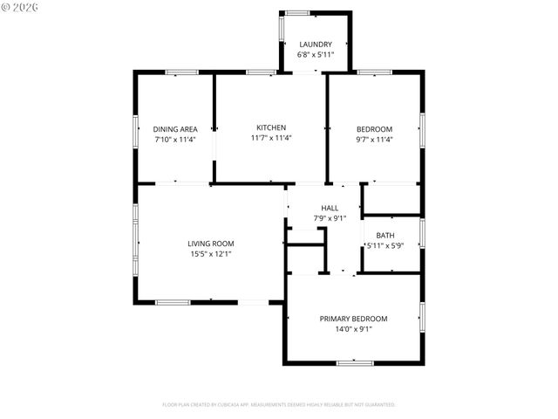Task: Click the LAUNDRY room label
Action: point(315,45)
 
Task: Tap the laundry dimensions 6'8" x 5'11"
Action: point(315,54)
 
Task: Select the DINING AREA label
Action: point(175,128)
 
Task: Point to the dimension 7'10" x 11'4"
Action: point(175,138)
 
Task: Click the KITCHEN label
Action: point(270,127)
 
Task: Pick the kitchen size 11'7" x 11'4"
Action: point(270,138)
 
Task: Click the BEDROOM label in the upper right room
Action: point(374,128)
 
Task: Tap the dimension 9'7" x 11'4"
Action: point(374,138)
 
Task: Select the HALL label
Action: point(330,208)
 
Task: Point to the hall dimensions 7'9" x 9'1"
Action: point(330,218)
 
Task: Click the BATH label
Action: point(384,236)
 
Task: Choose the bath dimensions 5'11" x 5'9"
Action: point(384,246)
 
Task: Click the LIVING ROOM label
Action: point(211,244)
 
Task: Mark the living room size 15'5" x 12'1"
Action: point(211,254)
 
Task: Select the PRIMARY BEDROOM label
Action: point(353,319)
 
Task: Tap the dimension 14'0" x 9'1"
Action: point(353,329)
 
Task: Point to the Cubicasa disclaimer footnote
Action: point(279,405)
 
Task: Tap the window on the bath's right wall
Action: point(422,232)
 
